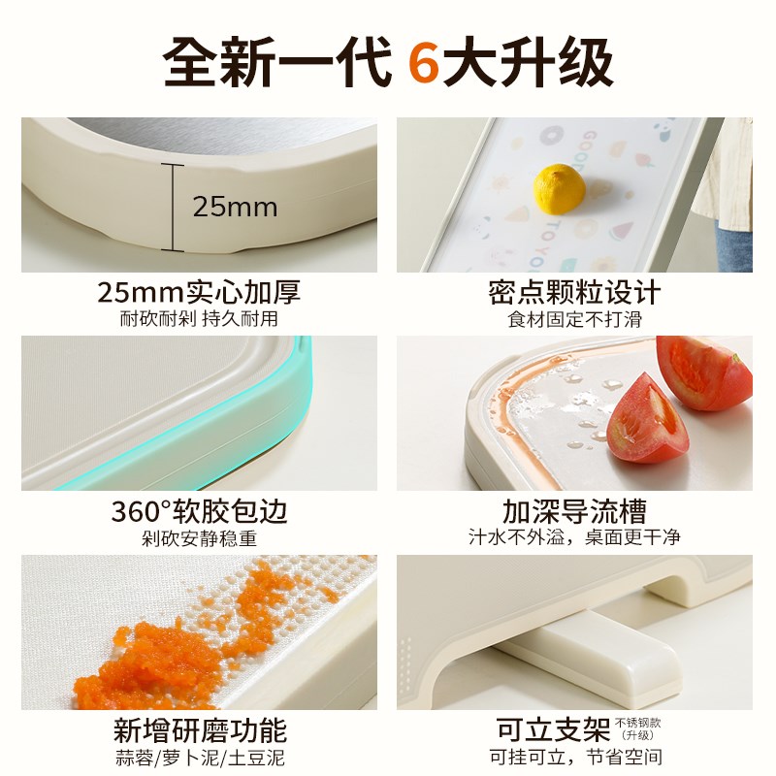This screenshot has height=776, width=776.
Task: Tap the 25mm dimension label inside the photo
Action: click(235, 207)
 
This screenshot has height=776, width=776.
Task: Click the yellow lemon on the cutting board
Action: click(560, 188)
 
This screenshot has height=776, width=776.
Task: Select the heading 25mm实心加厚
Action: click(199, 292)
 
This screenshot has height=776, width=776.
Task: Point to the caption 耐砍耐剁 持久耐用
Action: click(199, 319)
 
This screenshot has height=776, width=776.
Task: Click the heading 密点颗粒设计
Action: click(574, 292)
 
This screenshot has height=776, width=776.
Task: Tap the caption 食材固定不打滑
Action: click(574, 319)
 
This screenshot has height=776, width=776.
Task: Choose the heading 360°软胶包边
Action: click(199, 511)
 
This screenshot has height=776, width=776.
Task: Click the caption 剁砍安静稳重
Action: click(199, 538)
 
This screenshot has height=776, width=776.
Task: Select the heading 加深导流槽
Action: click(574, 511)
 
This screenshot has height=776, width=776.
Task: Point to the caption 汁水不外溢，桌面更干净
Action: click(574, 538)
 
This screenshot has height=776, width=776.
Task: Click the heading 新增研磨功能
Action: click(199, 729)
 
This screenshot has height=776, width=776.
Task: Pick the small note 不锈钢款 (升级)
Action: click(637, 729)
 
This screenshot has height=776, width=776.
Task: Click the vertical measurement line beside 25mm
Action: click(174, 207)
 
